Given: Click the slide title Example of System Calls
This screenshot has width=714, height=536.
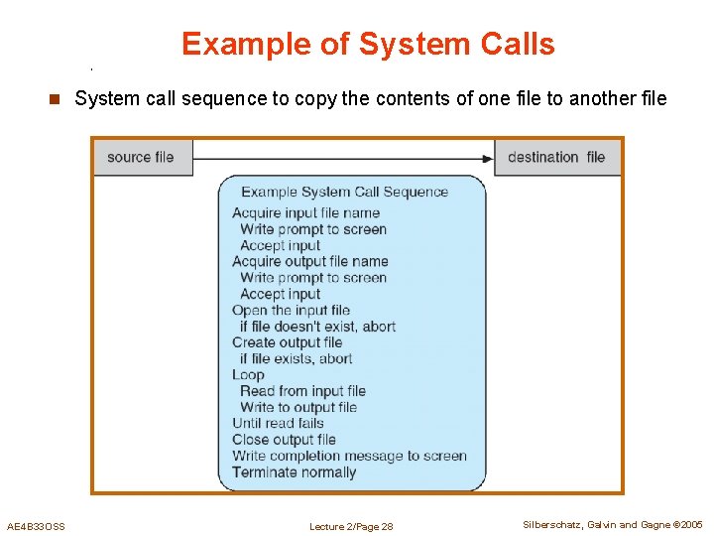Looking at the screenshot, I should point(368,44).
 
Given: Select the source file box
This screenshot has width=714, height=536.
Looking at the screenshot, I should point(142,157).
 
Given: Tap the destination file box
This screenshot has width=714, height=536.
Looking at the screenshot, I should point(556,157).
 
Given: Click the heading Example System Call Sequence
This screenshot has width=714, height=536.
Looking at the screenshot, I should point(344,193).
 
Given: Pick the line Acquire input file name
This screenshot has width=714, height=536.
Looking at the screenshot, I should point(305,212).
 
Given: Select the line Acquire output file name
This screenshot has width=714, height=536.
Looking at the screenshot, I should point(309,261).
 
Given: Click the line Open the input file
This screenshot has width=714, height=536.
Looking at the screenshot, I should point(291,310).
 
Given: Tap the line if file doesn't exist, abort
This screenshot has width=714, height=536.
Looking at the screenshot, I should point(317,326).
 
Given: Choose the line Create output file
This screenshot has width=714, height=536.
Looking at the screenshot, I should point(287,342).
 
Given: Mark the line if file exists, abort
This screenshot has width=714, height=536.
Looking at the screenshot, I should point(296,358).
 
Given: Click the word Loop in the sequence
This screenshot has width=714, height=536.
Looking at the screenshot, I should point(248,375).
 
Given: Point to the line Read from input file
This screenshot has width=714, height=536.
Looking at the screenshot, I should point(302,391).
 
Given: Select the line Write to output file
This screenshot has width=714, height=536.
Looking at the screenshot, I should point(297,407).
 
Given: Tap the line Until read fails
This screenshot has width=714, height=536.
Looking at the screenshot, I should point(278,423).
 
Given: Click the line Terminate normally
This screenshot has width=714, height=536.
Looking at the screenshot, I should point(294,472).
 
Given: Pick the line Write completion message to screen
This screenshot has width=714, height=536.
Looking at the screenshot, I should point(349,456).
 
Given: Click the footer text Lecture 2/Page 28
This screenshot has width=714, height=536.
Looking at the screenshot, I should point(351,526).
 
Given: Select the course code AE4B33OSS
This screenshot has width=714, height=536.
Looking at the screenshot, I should point(36,526).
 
